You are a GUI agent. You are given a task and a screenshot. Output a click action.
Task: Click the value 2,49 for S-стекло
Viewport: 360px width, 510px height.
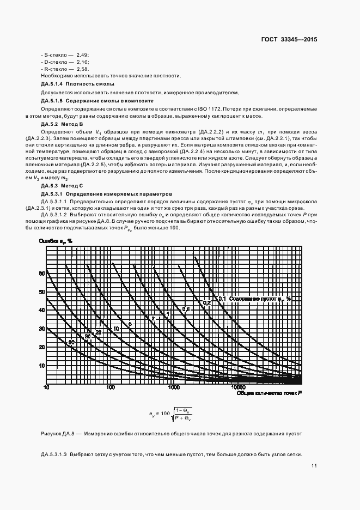tap(82, 55)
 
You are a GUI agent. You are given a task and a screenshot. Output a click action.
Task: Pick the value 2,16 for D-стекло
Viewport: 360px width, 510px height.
tap(82, 62)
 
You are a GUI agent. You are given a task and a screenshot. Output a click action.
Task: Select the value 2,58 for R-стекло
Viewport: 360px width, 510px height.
tap(82, 69)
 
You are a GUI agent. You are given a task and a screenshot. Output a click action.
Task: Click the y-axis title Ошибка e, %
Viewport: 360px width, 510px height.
tap(56, 240)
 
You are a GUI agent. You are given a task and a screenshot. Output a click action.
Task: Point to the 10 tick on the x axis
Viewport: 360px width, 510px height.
tap(46, 387)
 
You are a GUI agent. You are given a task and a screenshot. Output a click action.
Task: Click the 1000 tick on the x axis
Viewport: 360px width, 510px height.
tap(174, 387)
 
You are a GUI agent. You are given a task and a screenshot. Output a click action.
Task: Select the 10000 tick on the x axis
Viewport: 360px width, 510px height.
tap(238, 387)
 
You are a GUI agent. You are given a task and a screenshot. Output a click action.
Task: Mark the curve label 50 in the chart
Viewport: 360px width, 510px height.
tap(71, 342)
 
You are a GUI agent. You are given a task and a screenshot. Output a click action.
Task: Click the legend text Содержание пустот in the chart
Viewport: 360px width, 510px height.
tap(254, 299)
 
